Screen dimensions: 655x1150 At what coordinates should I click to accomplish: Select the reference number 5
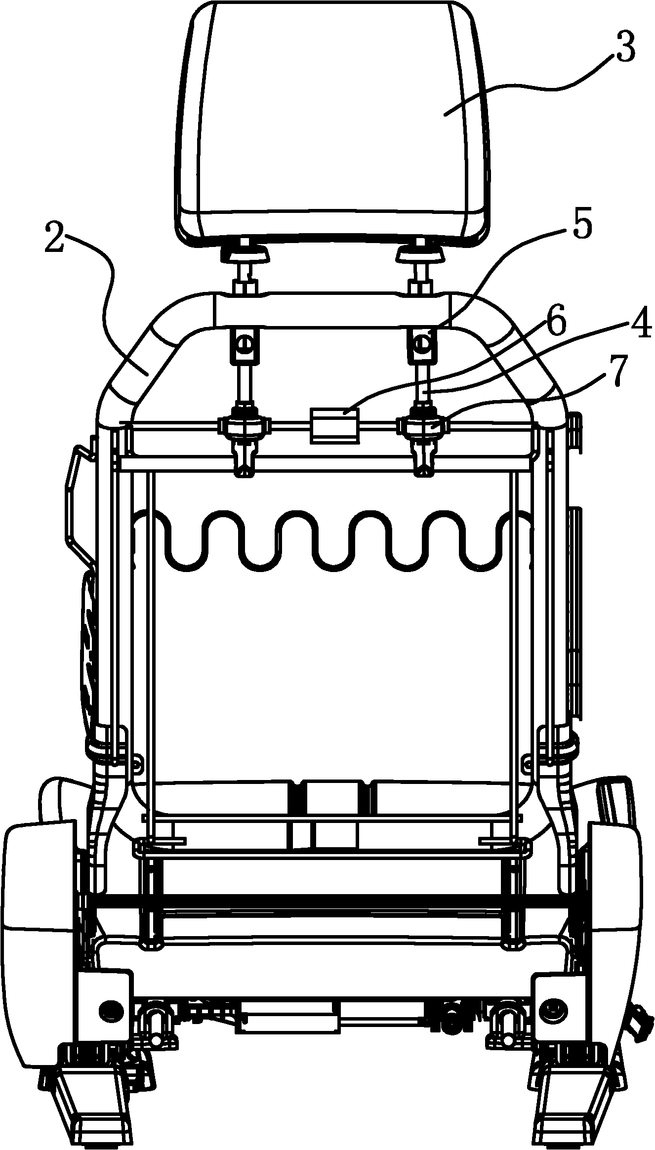click(x=581, y=226)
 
